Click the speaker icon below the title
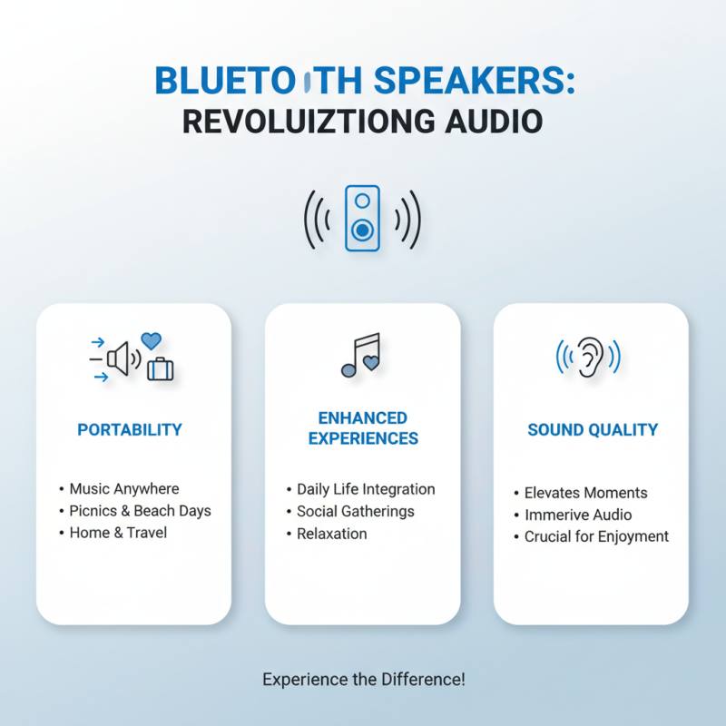coord(362,219)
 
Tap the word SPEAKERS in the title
coord(479,81)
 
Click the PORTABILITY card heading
coord(130,429)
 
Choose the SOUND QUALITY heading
coord(593,429)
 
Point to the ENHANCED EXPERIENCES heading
coord(363,428)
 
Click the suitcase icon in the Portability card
coord(161,368)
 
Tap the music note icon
coord(360,355)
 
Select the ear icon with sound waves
coord(589,357)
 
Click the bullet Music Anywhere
coord(124,489)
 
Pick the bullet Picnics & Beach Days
coord(140,511)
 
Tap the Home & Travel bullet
coord(118,533)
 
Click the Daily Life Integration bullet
coord(366,489)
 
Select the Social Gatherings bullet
coord(355,511)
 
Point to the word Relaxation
coord(332,534)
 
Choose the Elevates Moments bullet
coord(585,493)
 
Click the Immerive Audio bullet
coord(578,515)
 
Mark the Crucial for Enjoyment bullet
coord(596,536)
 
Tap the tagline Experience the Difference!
coord(363,679)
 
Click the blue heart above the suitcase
coord(152,341)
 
